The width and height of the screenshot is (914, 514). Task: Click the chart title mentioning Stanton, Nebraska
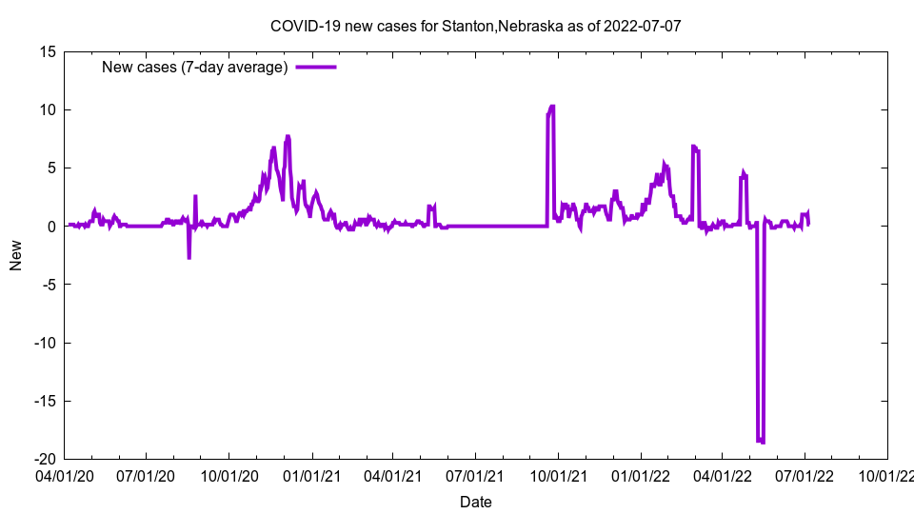click(475, 26)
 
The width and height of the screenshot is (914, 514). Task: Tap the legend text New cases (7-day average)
click(195, 67)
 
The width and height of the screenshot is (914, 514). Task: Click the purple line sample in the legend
click(316, 67)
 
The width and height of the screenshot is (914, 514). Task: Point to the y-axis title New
click(16, 255)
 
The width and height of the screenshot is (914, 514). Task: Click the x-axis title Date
click(475, 502)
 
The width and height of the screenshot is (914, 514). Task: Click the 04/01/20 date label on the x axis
click(64, 473)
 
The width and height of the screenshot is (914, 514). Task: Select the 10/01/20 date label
click(228, 473)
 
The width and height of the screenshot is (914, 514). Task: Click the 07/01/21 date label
click(475, 473)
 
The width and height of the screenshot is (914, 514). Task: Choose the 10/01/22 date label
click(887, 473)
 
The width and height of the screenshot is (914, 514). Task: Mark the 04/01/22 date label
click(723, 473)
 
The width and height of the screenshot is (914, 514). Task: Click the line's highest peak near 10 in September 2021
click(551, 107)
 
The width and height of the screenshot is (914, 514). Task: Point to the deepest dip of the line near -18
click(761, 441)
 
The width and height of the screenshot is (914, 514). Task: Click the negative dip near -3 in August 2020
click(189, 257)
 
